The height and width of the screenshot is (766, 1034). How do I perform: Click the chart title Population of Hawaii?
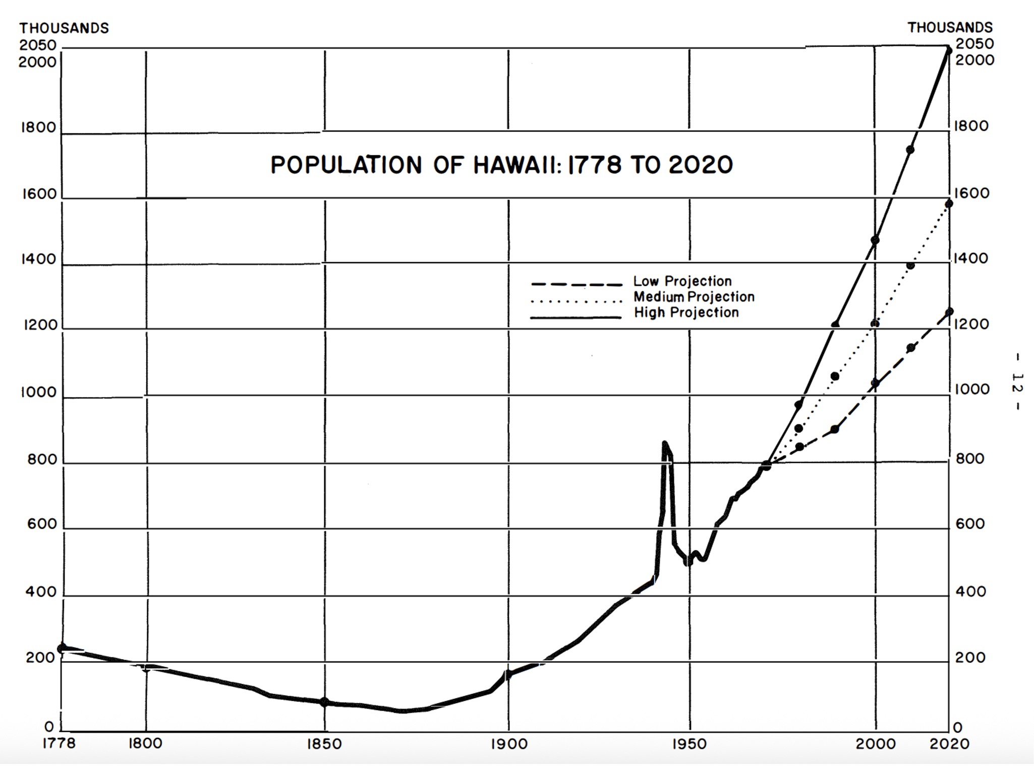[501, 165]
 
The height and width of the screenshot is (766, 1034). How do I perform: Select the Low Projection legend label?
[682, 281]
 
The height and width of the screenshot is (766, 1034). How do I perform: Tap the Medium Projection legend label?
[694, 297]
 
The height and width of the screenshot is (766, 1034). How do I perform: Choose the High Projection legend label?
[686, 312]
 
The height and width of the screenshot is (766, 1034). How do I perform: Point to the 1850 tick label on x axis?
[324, 744]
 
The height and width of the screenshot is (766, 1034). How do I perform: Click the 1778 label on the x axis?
[59, 744]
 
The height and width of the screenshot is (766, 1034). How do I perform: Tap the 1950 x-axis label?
[689, 744]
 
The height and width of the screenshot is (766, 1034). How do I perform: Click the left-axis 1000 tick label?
[39, 392]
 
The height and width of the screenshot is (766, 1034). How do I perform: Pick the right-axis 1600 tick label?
[971, 194]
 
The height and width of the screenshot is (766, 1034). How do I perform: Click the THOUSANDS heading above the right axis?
[950, 27]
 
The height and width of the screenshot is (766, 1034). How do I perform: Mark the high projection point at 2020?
[948, 50]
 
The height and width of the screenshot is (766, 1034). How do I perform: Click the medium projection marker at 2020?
[948, 204]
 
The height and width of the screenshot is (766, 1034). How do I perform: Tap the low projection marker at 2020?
[949, 312]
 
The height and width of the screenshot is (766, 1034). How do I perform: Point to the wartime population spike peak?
[665, 443]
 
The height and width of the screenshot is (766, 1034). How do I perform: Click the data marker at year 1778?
[63, 649]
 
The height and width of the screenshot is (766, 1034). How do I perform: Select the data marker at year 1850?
[324, 702]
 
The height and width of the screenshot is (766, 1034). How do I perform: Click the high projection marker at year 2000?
[875, 240]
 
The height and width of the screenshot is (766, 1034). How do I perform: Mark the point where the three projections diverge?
[766, 466]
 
